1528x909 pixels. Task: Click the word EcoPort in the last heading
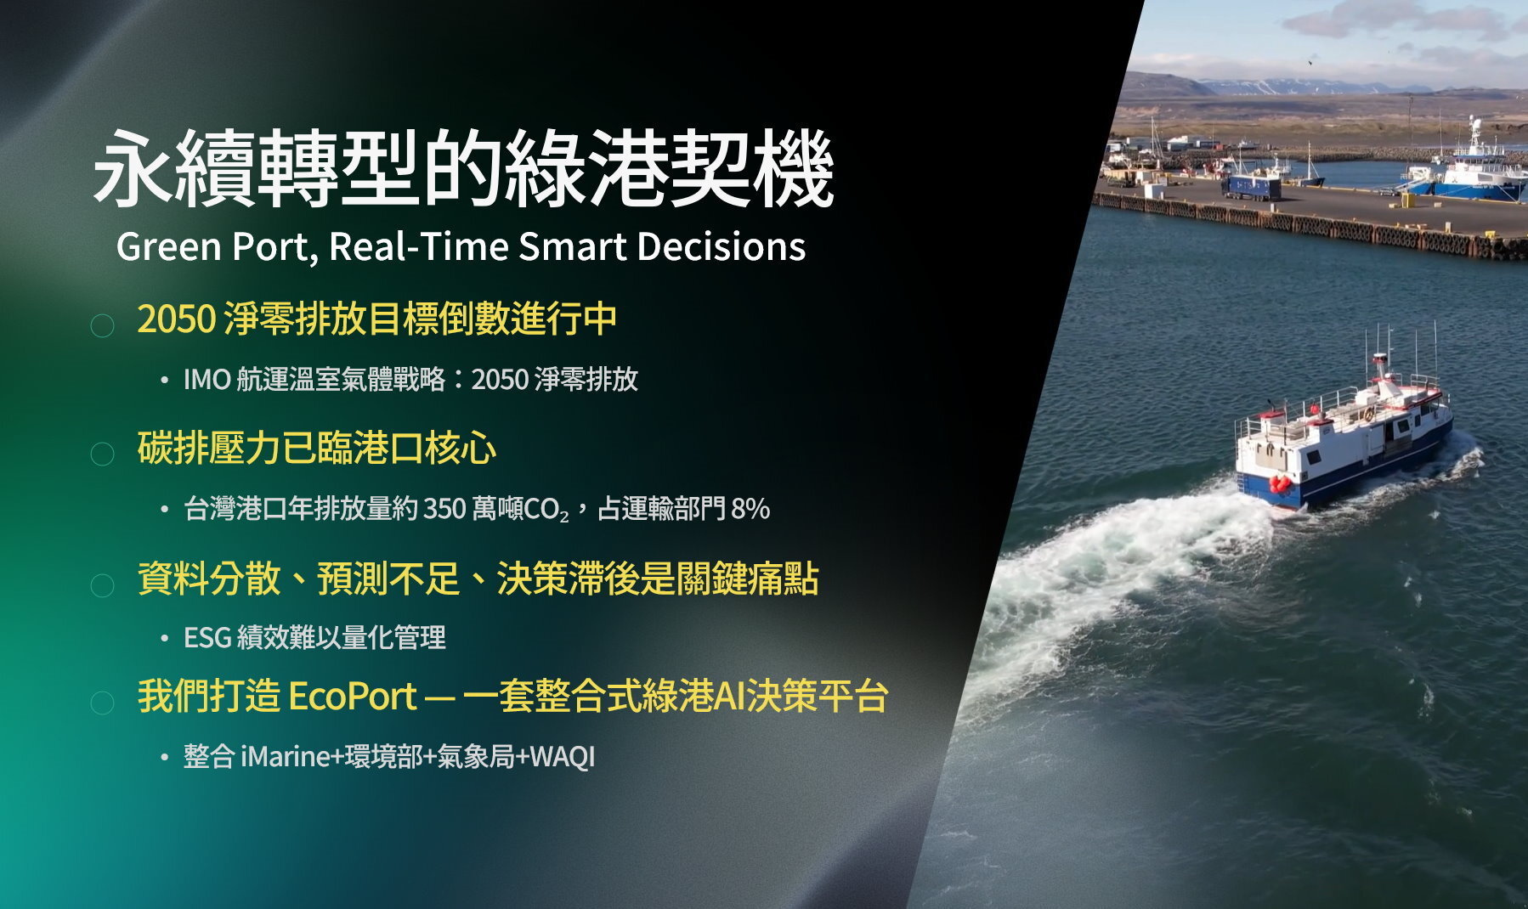pos(353,696)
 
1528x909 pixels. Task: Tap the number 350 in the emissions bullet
pos(444,509)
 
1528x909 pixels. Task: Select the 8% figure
pos(750,509)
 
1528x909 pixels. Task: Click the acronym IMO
pos(207,379)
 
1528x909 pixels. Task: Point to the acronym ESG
pos(207,637)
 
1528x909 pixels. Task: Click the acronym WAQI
pos(562,756)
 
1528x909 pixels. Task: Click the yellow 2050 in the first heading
pos(177,319)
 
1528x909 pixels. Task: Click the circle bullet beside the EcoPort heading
pos(102,703)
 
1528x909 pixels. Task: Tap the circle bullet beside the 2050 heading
pos(102,325)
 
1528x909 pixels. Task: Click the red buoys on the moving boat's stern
pos(1280,484)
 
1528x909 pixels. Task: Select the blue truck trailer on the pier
pos(1251,186)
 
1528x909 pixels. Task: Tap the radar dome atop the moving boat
pos(1380,357)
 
